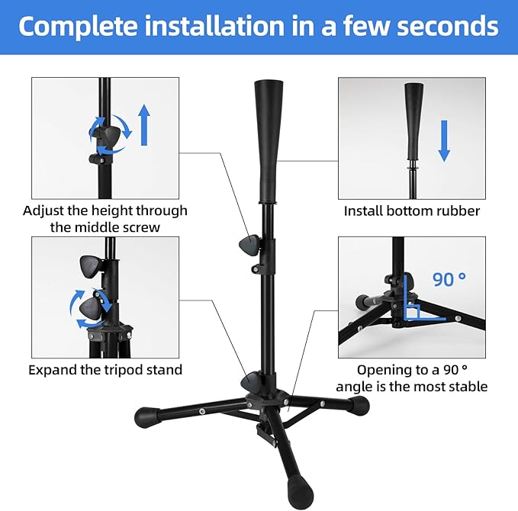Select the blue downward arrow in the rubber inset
coord(445,143)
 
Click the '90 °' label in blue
coord(449,279)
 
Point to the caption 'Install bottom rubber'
coord(412,211)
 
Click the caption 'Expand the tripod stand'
coord(105,370)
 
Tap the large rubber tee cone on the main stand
coord(264,141)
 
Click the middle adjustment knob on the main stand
coord(249,246)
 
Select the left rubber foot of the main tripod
coord(146,417)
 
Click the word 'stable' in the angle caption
coord(465,387)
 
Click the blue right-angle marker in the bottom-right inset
coord(413,312)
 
